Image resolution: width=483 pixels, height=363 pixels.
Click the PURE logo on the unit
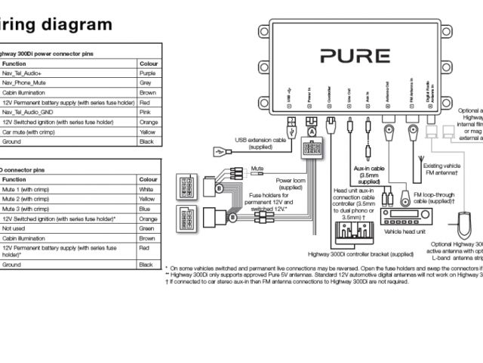pos(354,56)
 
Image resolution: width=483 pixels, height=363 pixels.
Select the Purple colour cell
pos(146,73)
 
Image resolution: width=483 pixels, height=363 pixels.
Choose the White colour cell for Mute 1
pos(146,189)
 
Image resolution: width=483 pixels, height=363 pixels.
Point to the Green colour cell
pos(146,228)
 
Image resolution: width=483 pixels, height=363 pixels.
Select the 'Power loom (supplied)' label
pos(291,184)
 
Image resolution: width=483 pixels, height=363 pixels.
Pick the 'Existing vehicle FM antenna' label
pos(446,169)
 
